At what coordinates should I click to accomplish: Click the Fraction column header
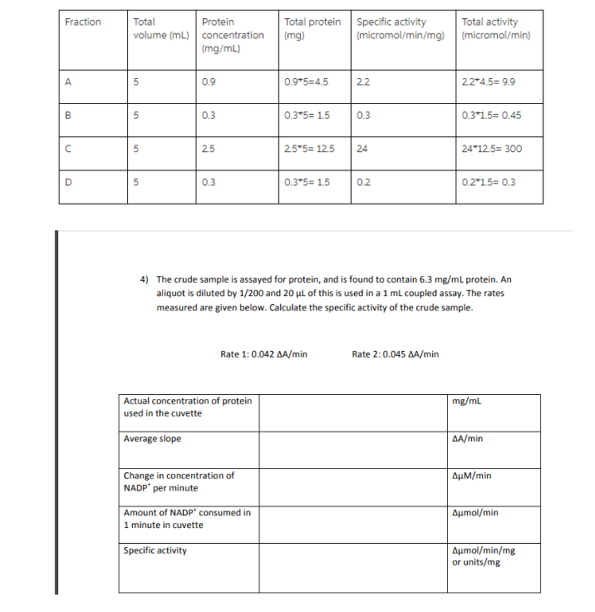pos(83,22)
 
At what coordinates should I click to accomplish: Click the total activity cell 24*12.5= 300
pos(491,150)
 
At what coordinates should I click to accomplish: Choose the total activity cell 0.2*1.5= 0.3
pos(488,183)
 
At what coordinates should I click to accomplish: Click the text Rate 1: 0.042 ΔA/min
pos(263,354)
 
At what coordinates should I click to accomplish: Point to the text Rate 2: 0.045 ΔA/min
pos(396,354)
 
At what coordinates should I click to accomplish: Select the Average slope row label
pos(152,438)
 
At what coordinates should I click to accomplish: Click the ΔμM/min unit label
pos(471,476)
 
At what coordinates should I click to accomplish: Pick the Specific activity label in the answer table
pos(155,550)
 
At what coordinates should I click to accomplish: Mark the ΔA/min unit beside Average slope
pos(467,438)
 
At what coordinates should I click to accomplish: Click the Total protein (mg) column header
pos(312,28)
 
